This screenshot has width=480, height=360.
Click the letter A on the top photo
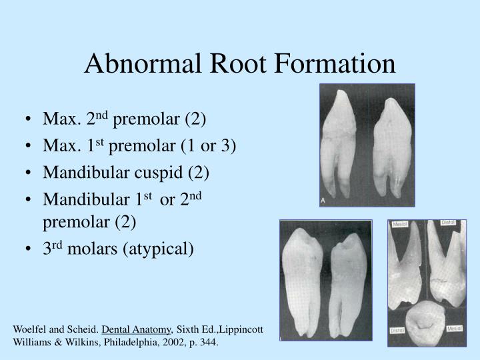pyautogui.click(x=323, y=199)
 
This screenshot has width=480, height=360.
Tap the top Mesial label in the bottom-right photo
pyautogui.click(x=401, y=225)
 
